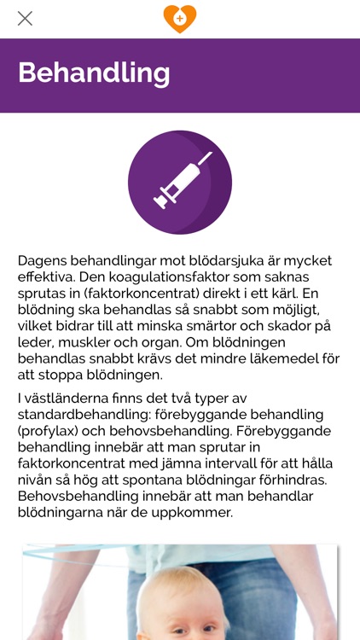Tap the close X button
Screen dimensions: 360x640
point(25,18)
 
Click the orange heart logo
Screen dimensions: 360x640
point(180,18)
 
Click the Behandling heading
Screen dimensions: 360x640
point(94,73)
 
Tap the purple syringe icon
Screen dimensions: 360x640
point(180,182)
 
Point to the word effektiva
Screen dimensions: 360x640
point(45,277)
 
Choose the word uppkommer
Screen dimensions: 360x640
point(192,513)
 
